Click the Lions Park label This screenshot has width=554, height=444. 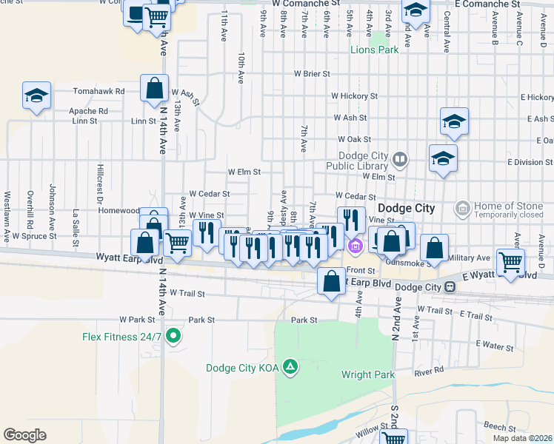[374, 50]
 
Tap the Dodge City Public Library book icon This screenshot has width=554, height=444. [400, 158]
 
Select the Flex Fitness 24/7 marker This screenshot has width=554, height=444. [173, 337]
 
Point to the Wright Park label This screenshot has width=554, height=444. [368, 374]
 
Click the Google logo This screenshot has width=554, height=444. [24, 434]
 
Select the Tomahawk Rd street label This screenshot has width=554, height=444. [99, 91]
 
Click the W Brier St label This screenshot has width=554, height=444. [311, 74]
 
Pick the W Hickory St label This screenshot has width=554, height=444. [354, 96]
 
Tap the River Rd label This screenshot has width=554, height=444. [429, 369]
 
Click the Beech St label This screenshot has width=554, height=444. [494, 427]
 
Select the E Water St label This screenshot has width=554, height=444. [495, 345]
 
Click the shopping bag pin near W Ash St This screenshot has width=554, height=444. [154, 88]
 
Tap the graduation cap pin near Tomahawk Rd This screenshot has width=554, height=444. [36, 95]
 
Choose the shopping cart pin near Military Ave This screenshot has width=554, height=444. [510, 262]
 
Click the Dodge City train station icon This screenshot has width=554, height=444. [450, 286]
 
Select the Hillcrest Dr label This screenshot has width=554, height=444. [99, 184]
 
